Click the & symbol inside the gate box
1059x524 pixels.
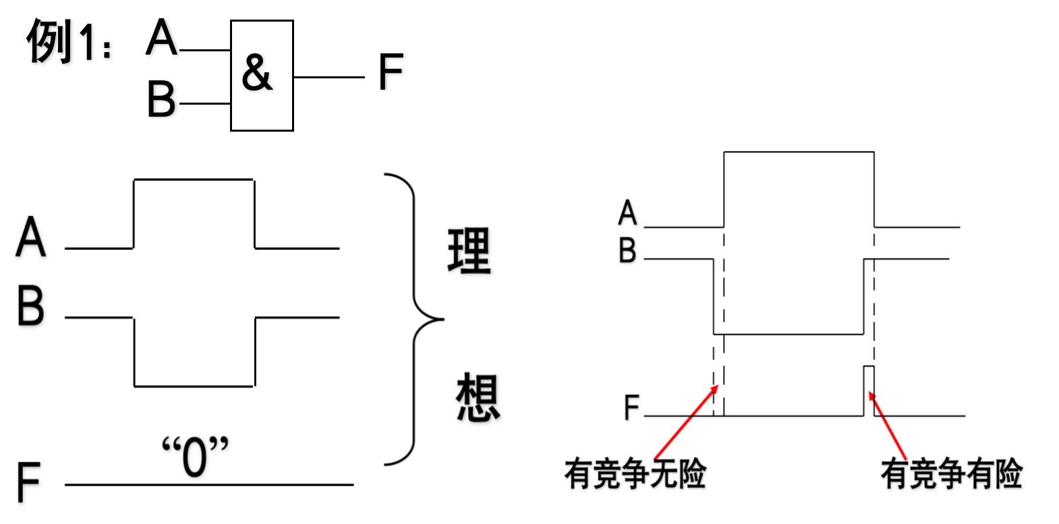click(257, 72)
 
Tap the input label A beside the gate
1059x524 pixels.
click(161, 38)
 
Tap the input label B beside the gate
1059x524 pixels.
click(161, 99)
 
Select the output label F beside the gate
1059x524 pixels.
click(391, 72)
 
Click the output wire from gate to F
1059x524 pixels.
click(328, 77)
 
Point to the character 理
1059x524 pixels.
click(469, 251)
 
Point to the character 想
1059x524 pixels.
click(478, 398)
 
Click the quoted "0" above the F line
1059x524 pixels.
click(195, 456)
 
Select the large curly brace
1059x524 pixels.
click(413, 319)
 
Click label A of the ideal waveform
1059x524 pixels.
click(31, 238)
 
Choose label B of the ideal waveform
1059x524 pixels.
click(31, 306)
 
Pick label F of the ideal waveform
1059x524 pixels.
click(28, 482)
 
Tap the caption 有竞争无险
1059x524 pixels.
click(635, 473)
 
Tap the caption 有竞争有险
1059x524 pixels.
click(951, 473)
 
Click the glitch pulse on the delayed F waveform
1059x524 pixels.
click(869, 390)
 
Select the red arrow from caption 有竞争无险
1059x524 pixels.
click(685, 423)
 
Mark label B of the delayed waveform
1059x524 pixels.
click(627, 251)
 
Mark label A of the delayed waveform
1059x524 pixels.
click(627, 213)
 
